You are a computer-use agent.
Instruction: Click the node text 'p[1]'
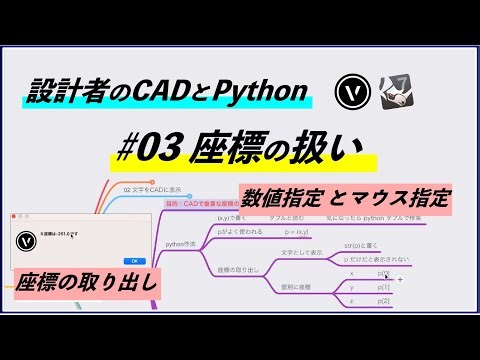pos(384,286)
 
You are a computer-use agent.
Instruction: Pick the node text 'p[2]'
pos(384,300)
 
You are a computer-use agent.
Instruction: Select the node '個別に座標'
pos(298,286)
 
